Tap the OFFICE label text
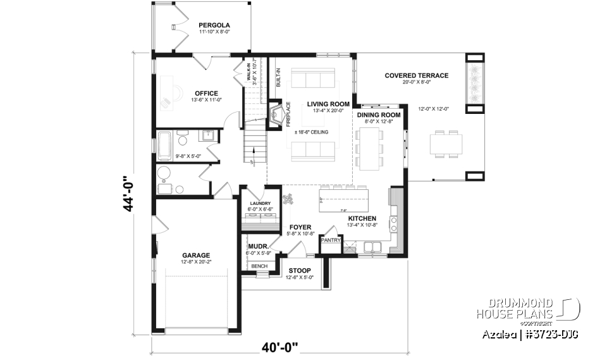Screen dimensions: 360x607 206,93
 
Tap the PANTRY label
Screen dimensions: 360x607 331,240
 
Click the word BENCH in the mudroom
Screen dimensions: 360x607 259,266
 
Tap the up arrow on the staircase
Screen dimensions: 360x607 253,151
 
